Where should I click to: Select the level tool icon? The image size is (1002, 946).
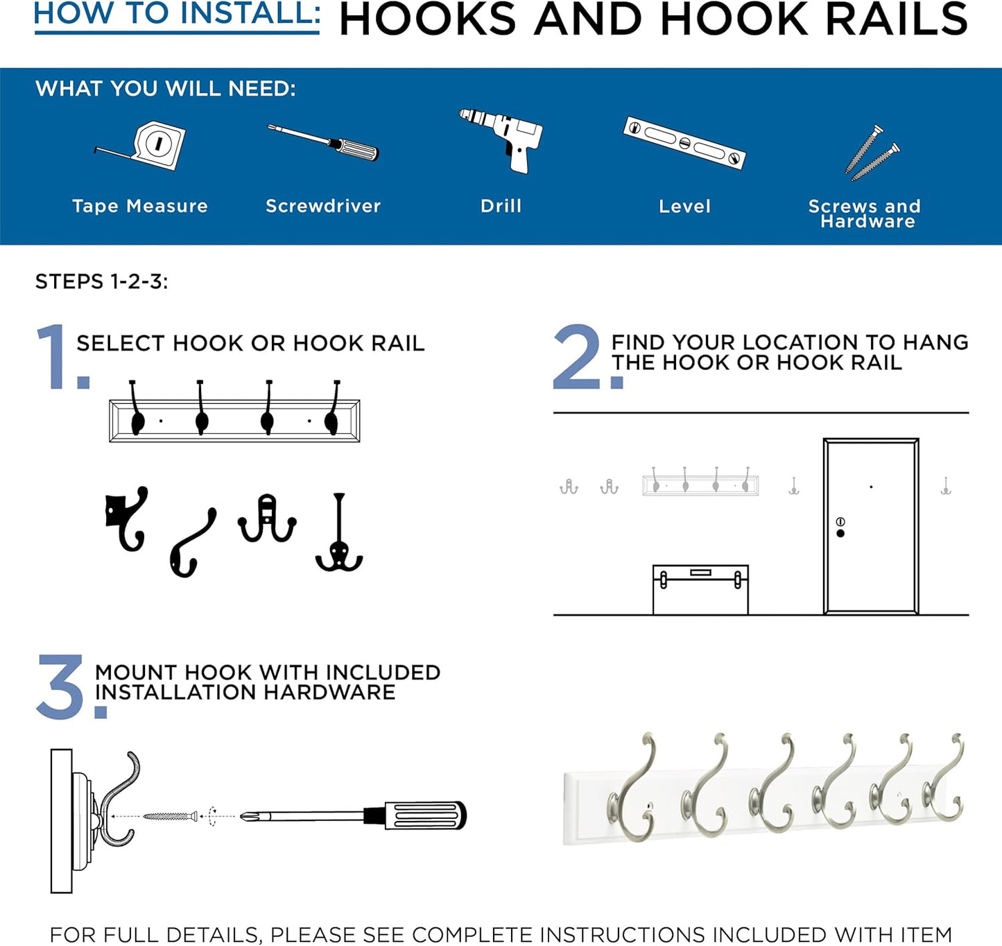click(684, 143)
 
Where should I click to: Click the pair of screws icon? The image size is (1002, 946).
click(871, 153)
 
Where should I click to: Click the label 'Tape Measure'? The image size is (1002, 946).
click(140, 206)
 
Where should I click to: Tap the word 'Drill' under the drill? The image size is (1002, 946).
click(501, 206)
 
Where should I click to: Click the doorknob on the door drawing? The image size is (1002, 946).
click(840, 533)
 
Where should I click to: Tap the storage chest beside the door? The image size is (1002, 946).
click(700, 589)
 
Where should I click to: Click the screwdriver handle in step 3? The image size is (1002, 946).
click(423, 816)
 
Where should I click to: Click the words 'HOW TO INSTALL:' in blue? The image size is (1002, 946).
click(177, 14)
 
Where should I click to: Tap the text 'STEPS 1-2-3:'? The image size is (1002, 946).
click(101, 282)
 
